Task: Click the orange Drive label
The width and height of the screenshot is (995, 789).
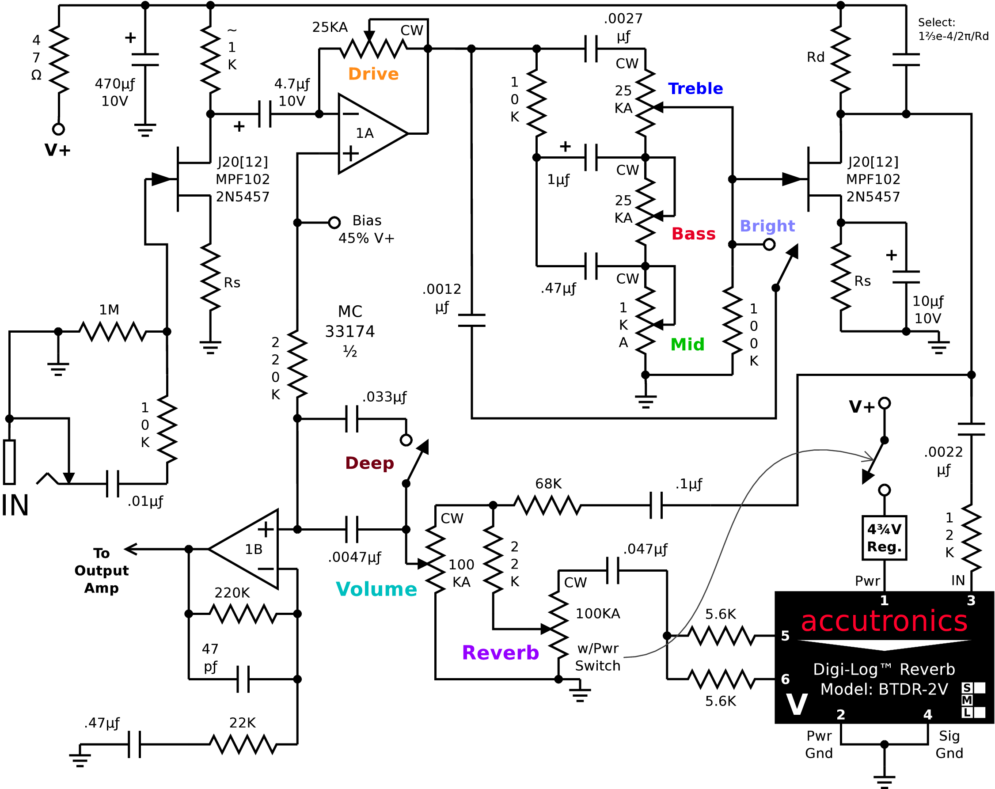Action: pos(373,74)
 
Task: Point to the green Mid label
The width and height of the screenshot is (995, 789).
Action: pos(687,344)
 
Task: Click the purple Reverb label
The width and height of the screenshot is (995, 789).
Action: pos(500,652)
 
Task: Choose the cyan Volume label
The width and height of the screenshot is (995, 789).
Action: pos(376,589)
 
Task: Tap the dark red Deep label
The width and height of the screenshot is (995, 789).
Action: pos(370,463)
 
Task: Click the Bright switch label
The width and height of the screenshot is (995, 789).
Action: pos(767,226)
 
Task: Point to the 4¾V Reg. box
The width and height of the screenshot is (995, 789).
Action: pos(884,538)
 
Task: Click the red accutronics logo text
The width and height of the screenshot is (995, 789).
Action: pos(884,621)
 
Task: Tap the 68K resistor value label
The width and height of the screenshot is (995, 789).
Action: pos(548,484)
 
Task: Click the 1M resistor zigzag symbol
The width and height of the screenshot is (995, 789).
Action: pos(113,332)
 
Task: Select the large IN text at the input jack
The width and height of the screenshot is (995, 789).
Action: pos(15,505)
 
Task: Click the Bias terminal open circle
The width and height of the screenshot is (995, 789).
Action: pos(334,222)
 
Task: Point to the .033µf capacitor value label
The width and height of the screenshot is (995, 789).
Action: pos(384,397)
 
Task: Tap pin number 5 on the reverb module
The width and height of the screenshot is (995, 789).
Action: pos(785,636)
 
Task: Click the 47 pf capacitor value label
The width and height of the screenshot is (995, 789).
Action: pos(210,657)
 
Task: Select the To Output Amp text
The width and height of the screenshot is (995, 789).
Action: pos(102,571)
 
